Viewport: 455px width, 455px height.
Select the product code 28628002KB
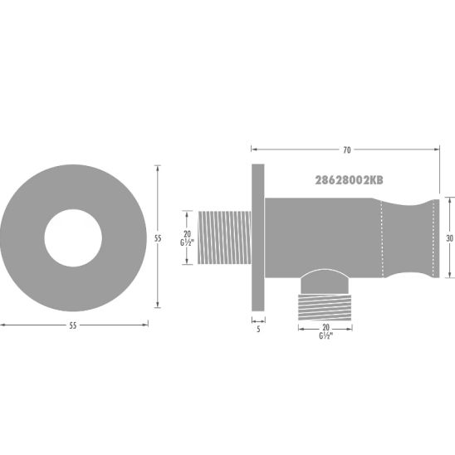point(349,179)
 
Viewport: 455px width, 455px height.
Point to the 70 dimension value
point(346,150)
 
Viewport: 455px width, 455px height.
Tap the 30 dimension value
point(448,237)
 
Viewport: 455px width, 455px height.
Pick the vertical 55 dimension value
point(157,238)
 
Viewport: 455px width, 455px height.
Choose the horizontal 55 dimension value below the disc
point(73,325)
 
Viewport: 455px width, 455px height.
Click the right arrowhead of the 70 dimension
point(437,150)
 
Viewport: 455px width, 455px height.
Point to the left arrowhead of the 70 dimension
point(252,150)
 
